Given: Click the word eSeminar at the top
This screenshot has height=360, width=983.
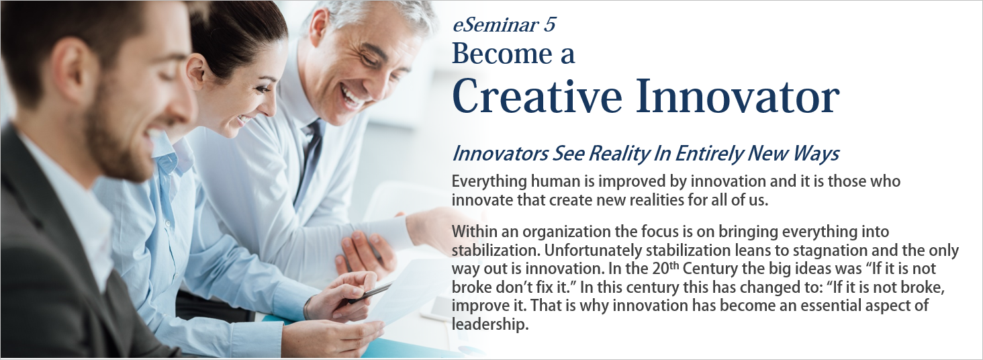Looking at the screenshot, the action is (495, 25).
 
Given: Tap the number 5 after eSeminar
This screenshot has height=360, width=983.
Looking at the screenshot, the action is (550, 25).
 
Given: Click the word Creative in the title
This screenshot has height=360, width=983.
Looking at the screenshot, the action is (537, 96).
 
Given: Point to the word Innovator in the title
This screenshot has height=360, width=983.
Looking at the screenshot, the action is (737, 96).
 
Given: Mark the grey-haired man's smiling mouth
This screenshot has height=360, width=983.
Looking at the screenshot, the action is (351, 95).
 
